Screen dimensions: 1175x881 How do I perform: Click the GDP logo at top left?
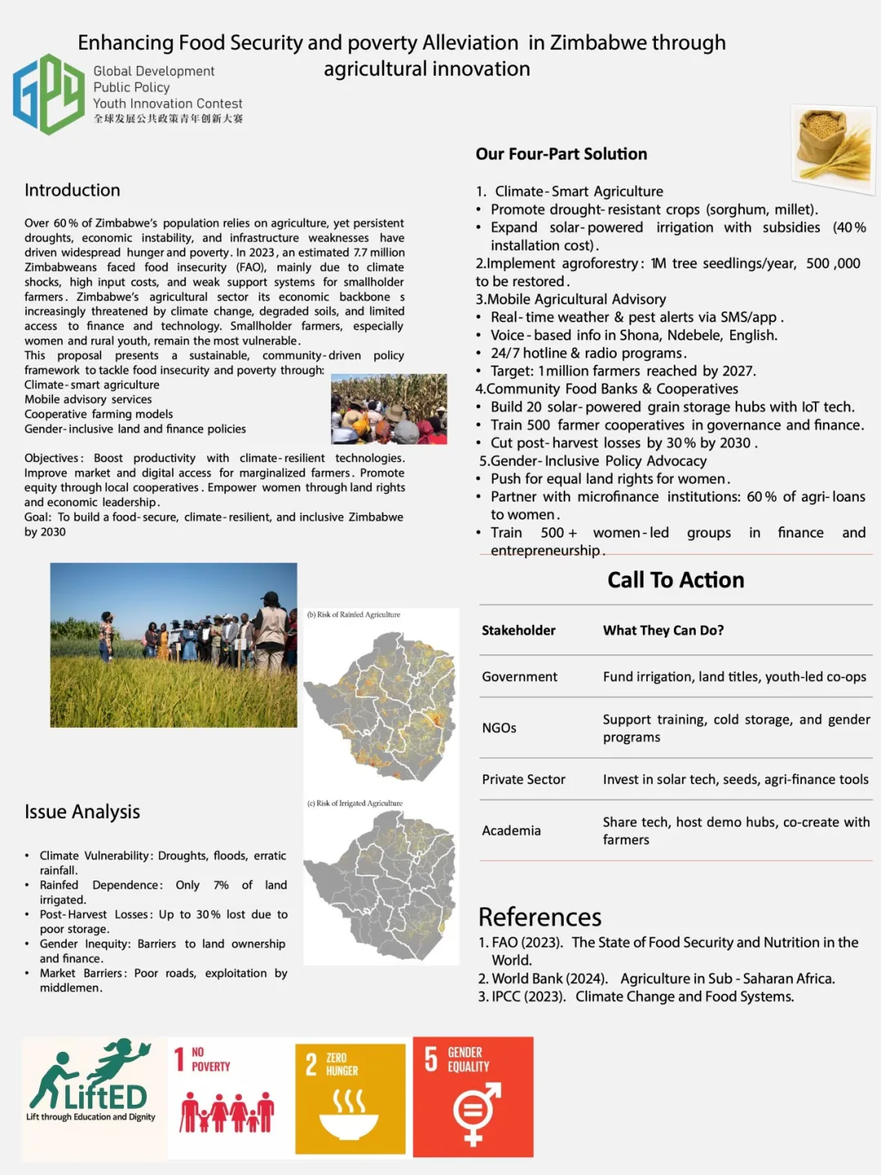tap(49, 94)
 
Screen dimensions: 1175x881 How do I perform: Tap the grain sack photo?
tap(832, 149)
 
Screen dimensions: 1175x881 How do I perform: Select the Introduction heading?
tap(73, 190)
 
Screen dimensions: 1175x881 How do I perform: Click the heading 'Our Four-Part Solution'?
tap(561, 154)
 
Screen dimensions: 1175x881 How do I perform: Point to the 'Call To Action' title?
tap(675, 580)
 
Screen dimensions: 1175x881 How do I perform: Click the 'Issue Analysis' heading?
tap(82, 812)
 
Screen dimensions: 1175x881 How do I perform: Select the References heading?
tap(540, 917)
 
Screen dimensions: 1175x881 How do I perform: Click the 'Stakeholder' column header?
tap(518, 631)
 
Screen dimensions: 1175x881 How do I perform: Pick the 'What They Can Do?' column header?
tap(663, 631)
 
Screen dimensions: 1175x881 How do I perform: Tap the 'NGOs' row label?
tap(499, 728)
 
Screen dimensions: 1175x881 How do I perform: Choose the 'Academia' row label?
tap(511, 831)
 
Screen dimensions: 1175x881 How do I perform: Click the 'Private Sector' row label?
tap(524, 779)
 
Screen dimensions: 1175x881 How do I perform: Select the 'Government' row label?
tap(520, 676)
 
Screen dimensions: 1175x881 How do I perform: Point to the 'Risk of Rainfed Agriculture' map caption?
tap(354, 614)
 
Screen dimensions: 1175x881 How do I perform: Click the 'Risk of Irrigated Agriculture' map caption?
tap(355, 804)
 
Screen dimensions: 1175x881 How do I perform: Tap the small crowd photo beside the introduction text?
tap(389, 409)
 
